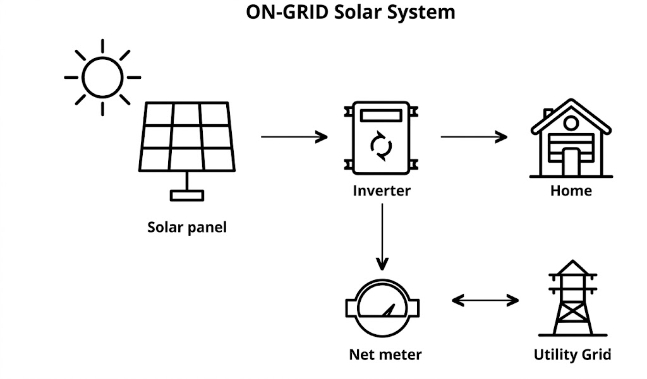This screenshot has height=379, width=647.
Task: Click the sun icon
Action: pos(102,78)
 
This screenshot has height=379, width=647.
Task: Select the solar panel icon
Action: pos(186,137)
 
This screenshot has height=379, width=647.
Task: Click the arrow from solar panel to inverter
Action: pos(294,136)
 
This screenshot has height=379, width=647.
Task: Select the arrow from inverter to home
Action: pos(474,136)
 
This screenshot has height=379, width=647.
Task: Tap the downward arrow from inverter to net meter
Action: pos(382,236)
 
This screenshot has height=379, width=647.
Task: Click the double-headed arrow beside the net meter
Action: pos(485,301)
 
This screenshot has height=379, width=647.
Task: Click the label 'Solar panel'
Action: pos(186,227)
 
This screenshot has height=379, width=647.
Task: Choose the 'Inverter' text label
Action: pos(382,190)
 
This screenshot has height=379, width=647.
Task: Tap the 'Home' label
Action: pos(571,190)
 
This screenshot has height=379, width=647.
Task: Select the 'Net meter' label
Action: pos(385,354)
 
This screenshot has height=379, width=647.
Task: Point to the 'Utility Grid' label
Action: pos(572,354)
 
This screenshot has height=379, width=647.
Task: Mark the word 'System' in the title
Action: pos(423,12)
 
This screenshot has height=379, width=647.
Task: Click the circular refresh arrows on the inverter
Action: pos(381,146)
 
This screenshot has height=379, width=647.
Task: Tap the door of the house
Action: pos(571,162)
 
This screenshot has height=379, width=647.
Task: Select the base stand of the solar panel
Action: pos(187,195)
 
